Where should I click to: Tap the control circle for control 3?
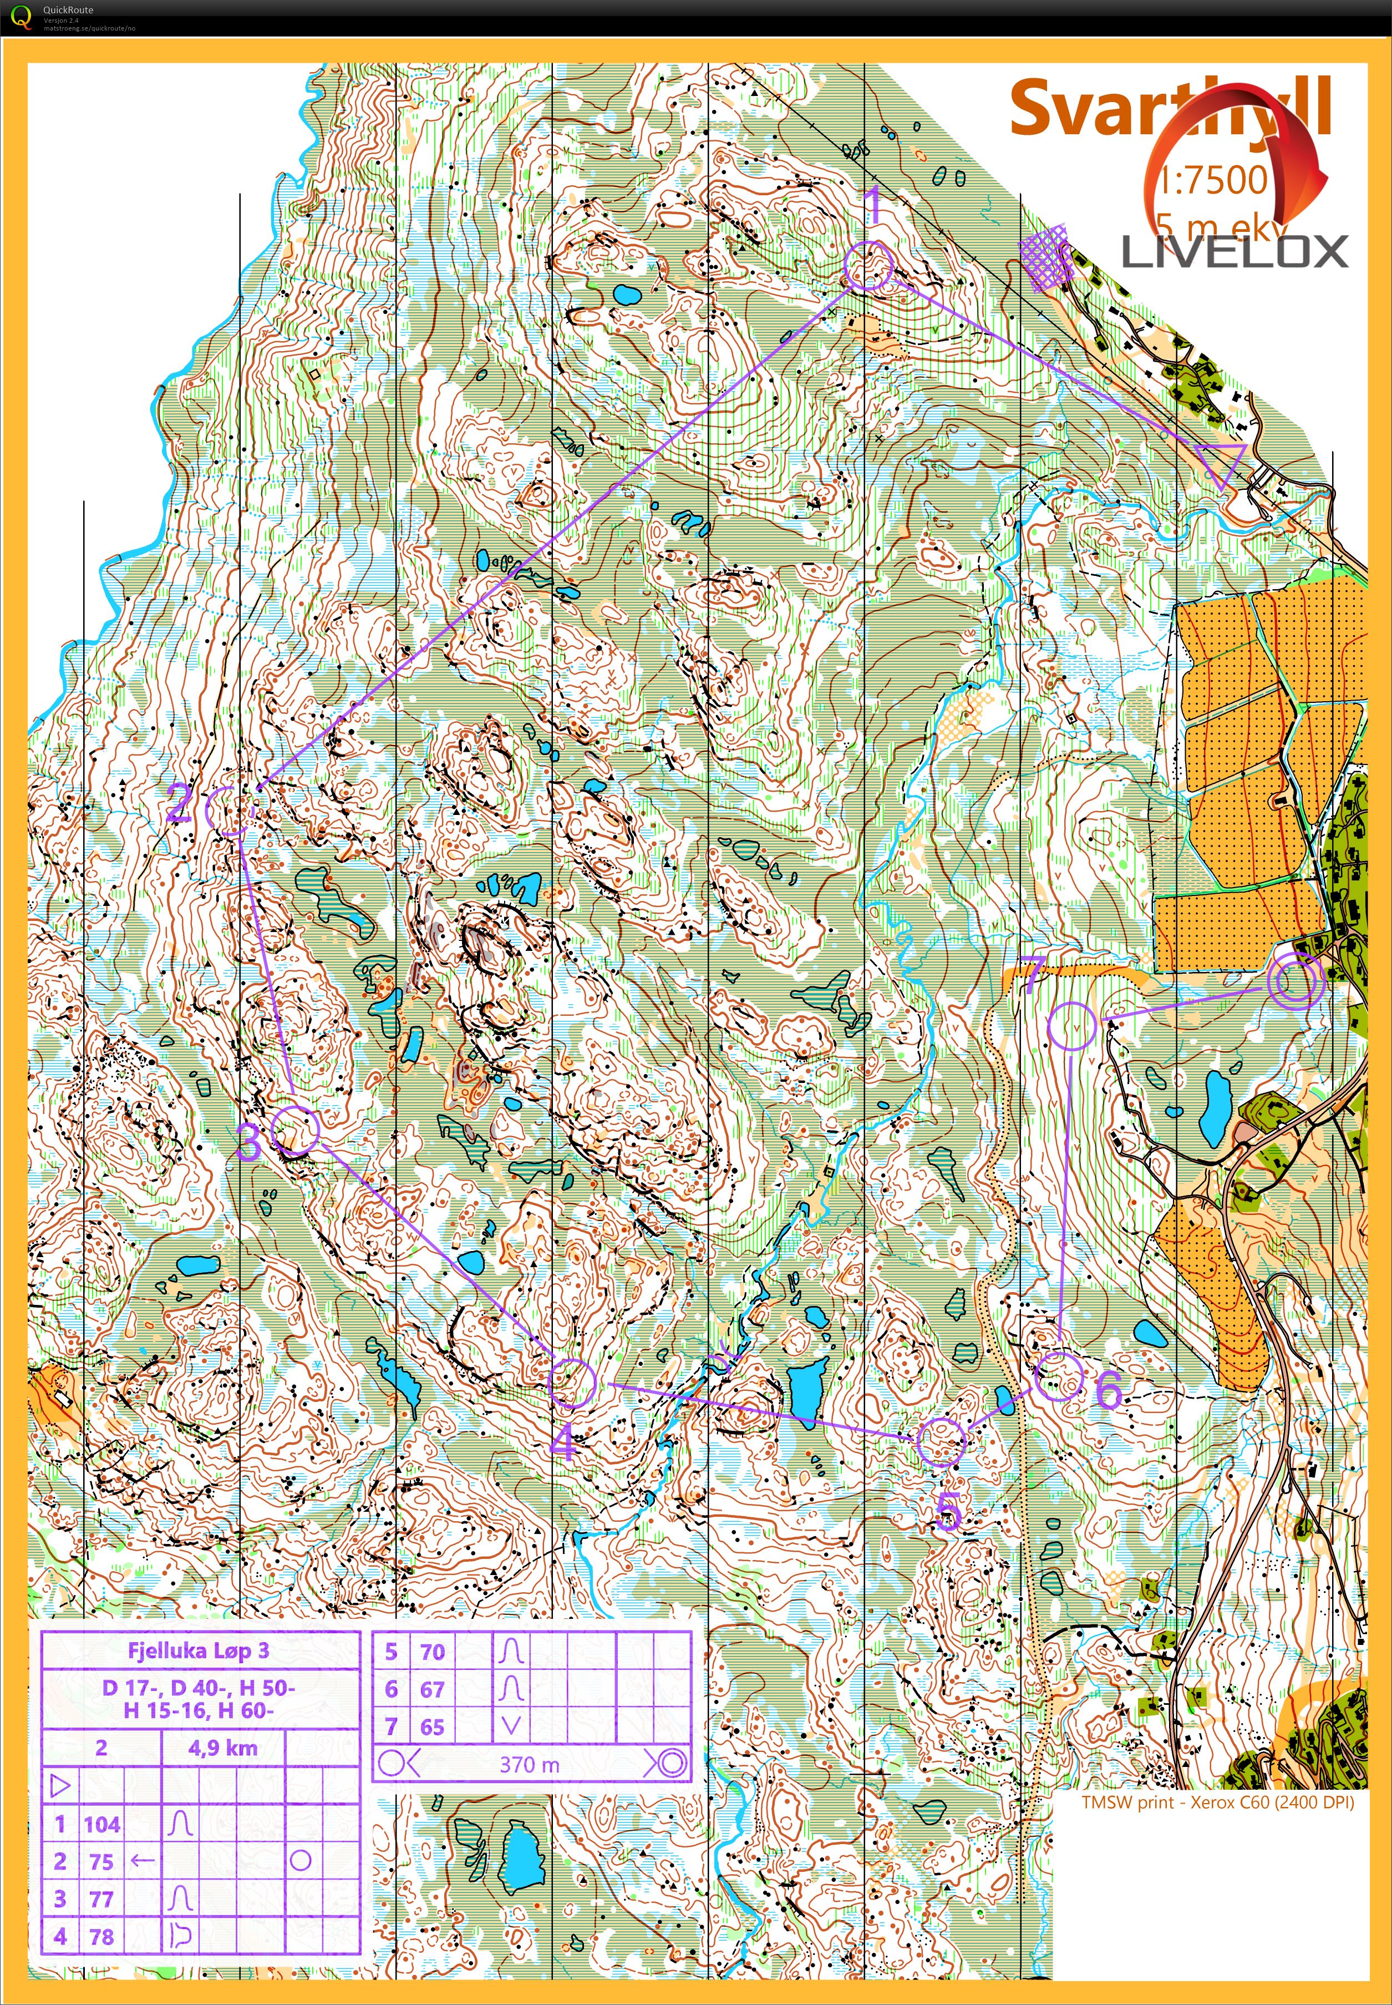coord(295,1130)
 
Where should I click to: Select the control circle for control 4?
coord(572,1381)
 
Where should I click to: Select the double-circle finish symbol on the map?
coord(1295,981)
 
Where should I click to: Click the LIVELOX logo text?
coord(1234,252)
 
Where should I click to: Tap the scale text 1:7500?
coord(1212,180)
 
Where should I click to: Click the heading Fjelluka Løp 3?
coord(199,1650)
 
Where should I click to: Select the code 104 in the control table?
coord(102,1824)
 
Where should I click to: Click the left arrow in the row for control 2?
coord(142,1861)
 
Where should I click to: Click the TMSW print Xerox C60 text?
coord(1217,1802)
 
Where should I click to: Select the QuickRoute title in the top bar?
coord(68,9)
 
